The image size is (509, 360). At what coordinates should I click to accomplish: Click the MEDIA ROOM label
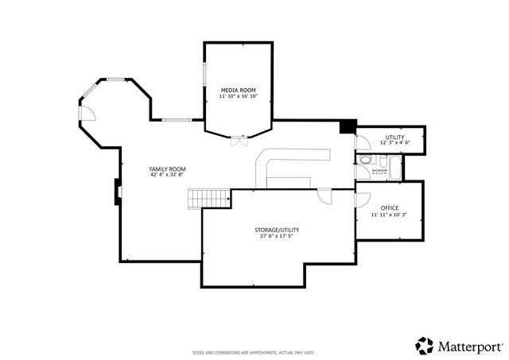[239, 91]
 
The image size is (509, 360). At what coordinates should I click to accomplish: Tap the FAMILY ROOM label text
[167, 168]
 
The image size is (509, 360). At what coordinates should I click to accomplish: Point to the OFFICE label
[389, 208]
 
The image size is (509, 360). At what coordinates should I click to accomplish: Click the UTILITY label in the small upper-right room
[394, 137]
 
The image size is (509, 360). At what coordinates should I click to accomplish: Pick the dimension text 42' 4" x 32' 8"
[167, 175]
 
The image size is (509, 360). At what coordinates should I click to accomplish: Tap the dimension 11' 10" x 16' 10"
[239, 98]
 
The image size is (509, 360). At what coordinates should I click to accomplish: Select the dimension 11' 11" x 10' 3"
[389, 215]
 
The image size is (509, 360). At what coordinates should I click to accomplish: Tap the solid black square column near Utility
[346, 127]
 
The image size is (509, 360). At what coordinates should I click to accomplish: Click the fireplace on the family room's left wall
[118, 191]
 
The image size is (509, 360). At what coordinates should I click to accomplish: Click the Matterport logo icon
[425, 346]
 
